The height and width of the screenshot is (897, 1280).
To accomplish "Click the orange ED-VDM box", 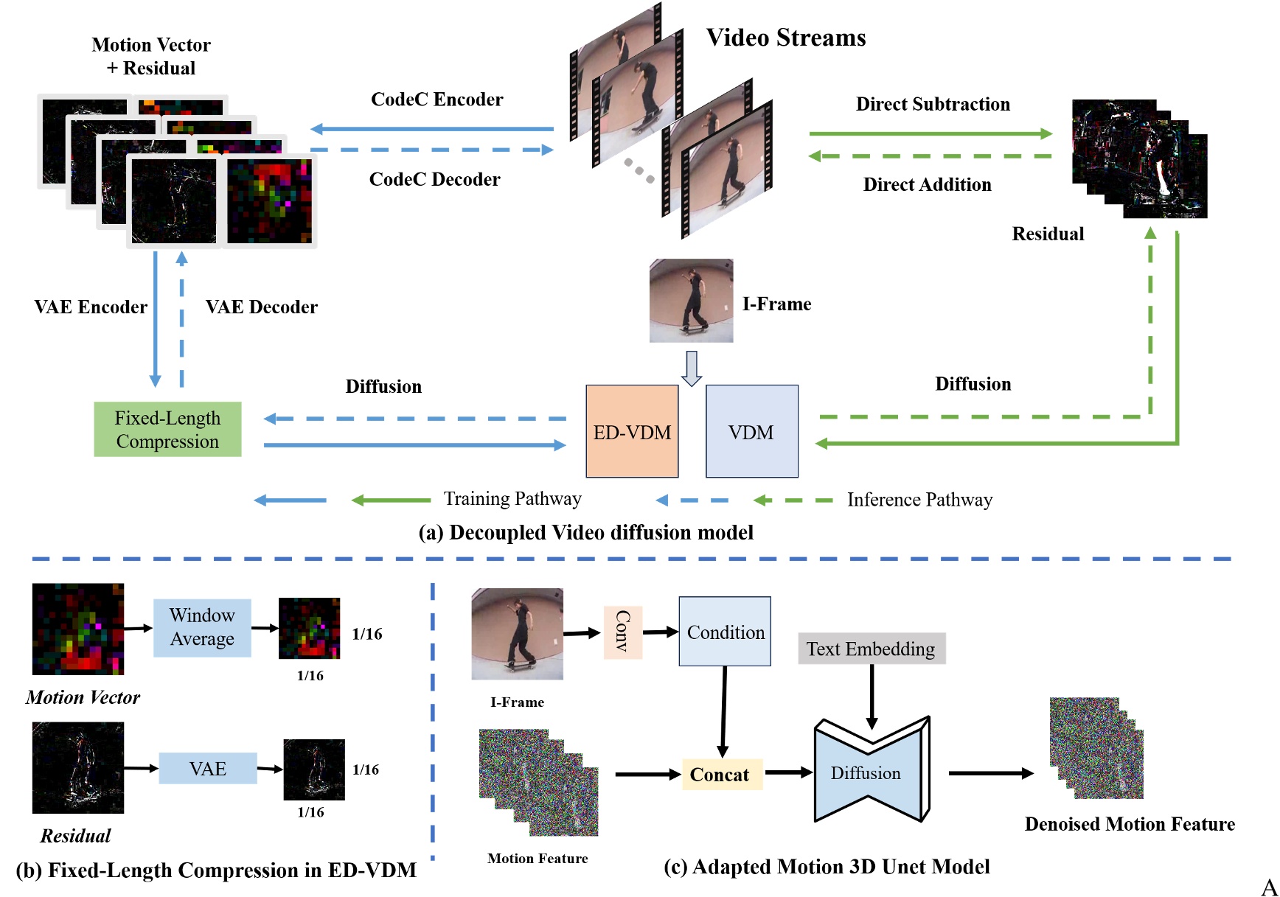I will pos(632,431).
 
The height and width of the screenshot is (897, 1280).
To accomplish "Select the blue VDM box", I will pos(751,431).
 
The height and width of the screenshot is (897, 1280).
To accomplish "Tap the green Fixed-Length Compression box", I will pos(167,429).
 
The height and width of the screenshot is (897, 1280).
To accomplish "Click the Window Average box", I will pos(202,627).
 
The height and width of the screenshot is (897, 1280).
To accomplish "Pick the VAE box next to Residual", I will pos(208,769).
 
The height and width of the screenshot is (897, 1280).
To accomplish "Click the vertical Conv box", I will pos(623,632).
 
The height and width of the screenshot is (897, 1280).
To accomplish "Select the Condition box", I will pos(725,632).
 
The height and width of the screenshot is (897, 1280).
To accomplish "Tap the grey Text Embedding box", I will pos(871,649).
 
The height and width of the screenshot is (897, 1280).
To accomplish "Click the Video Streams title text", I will pos(786,38).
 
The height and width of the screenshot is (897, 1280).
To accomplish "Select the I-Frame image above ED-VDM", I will pos(691,301).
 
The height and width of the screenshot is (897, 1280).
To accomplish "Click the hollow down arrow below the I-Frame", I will pos(691,368).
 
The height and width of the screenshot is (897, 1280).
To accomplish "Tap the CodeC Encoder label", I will pos(436,100).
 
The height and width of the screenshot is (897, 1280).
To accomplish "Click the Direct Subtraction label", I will pos(933,104).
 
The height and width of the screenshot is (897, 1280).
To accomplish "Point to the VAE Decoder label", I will pos(261,307).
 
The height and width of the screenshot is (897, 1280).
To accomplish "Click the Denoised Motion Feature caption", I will pos(1130,824).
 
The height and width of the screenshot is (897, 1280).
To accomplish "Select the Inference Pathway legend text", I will pos(919,500).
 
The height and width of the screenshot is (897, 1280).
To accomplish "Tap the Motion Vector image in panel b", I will pos(78,629).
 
